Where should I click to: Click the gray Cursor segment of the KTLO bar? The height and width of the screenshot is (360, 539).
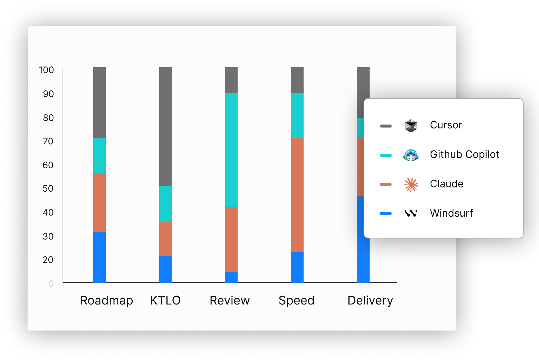point(165,127)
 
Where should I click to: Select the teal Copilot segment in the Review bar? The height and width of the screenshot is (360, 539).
point(231,150)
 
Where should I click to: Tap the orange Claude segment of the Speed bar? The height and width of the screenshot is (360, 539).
point(297,195)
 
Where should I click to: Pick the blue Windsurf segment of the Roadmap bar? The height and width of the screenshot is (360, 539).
point(99,257)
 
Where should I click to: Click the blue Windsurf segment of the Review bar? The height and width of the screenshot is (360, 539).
point(231,277)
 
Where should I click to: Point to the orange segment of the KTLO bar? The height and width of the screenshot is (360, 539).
point(165,239)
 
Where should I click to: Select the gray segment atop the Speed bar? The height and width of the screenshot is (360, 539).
point(297,80)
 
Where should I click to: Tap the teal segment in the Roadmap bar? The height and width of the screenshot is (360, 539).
point(99,155)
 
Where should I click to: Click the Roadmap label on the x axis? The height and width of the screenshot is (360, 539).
point(106,301)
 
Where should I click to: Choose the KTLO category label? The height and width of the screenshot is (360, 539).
point(165,300)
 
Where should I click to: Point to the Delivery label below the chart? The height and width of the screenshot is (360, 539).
point(370,301)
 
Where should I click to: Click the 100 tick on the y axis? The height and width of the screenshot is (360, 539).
point(46,70)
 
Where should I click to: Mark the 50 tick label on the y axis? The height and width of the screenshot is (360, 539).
point(48,188)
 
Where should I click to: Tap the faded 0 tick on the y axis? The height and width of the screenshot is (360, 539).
point(51,284)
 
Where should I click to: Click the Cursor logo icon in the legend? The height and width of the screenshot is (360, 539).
point(411,126)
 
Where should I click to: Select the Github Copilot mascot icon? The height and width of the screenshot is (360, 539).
point(411,155)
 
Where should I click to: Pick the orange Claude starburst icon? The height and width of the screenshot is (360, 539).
point(411,184)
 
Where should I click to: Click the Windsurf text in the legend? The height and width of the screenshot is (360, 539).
point(451,213)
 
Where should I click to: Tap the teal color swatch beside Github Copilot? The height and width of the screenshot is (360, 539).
point(386,155)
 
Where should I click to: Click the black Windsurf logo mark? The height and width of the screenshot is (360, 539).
point(411,213)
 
